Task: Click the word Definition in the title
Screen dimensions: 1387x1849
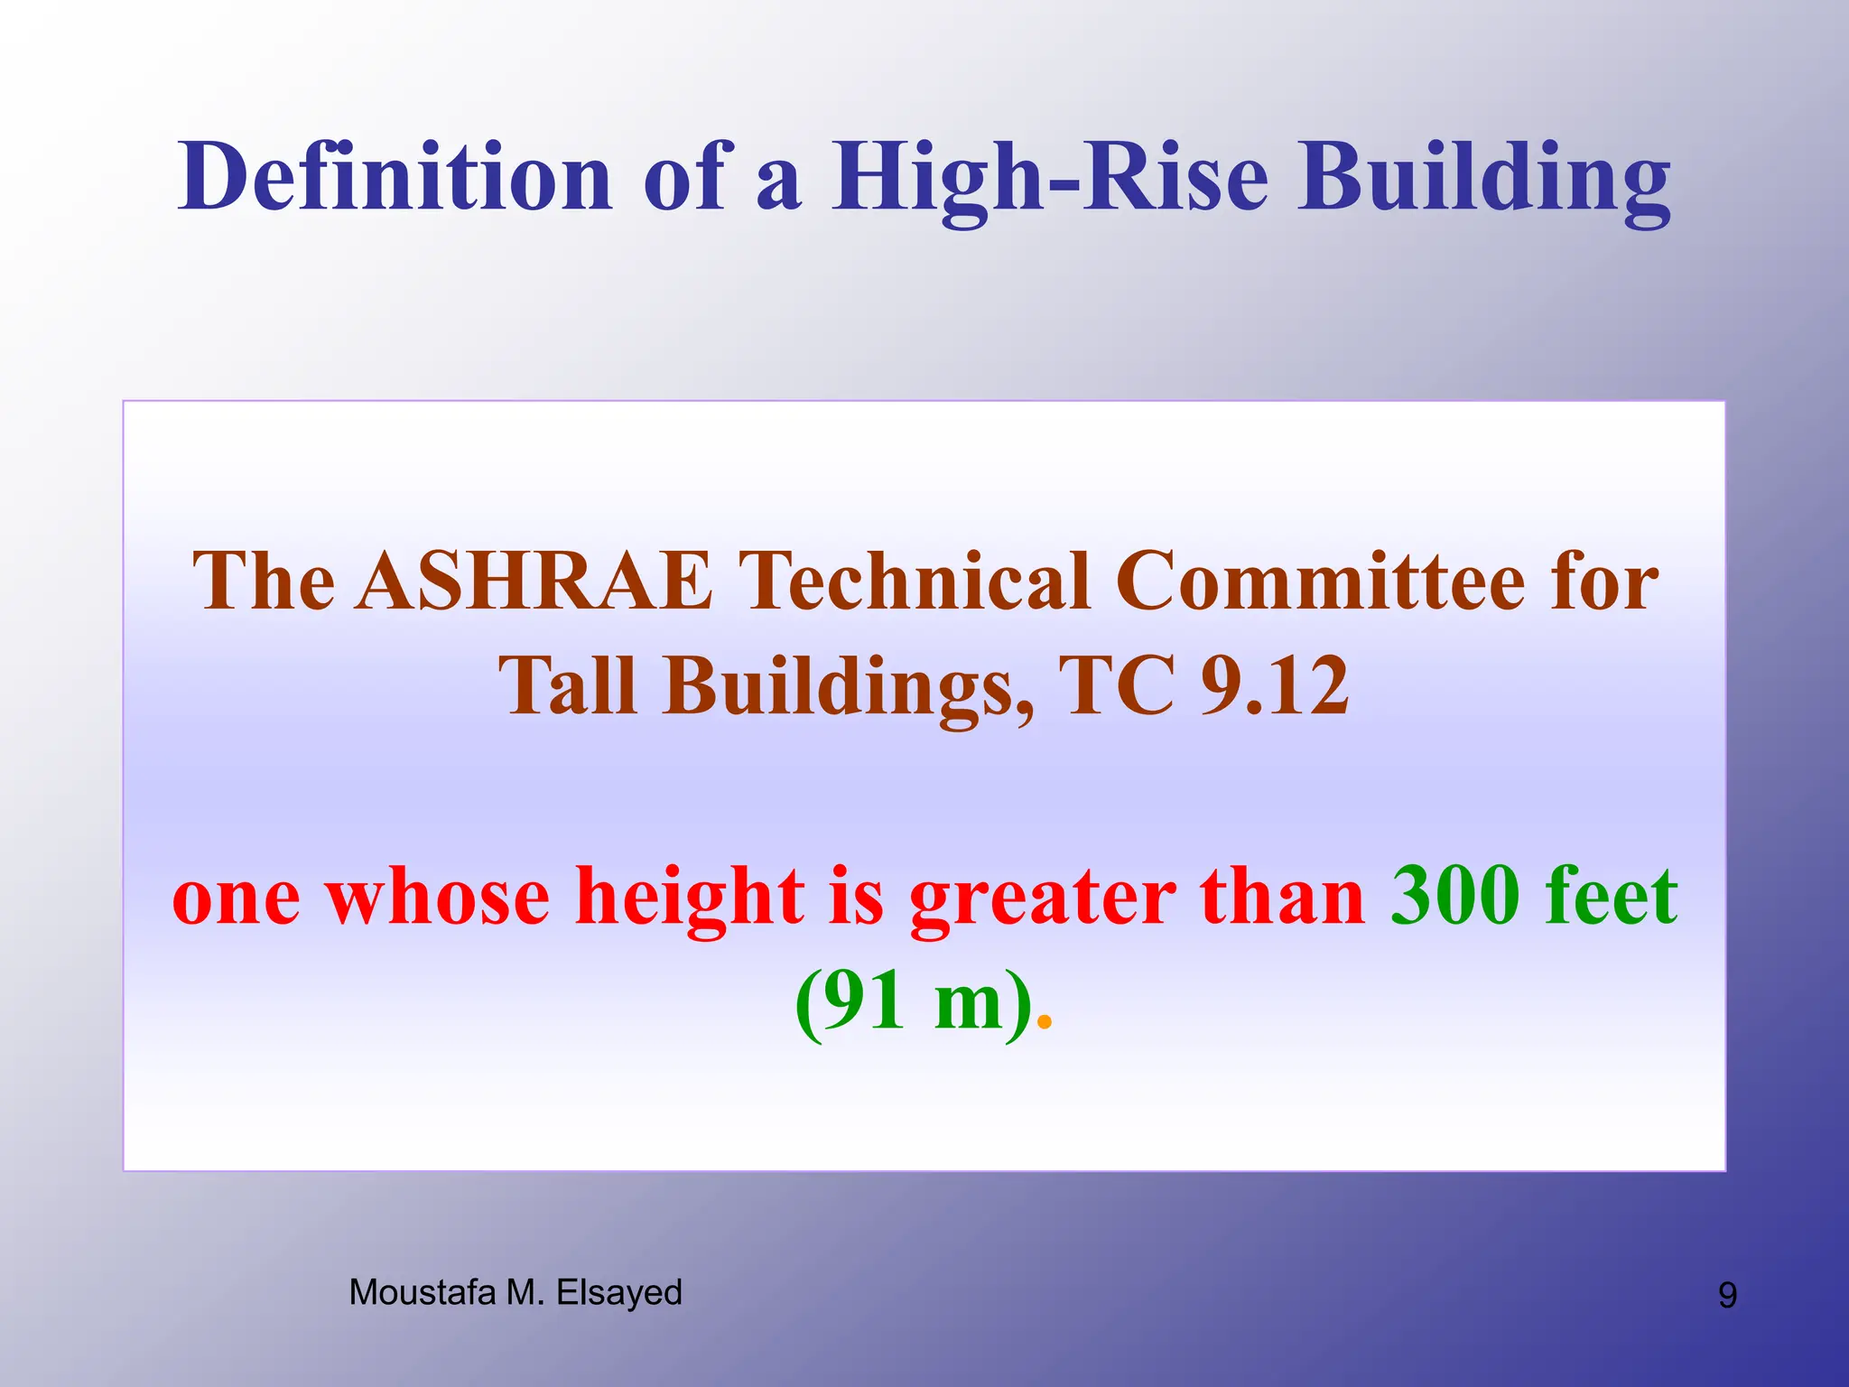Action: tap(395, 177)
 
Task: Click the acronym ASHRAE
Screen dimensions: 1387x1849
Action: tap(534, 582)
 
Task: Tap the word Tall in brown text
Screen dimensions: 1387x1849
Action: tap(567, 686)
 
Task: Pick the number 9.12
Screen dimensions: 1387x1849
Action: tap(1275, 686)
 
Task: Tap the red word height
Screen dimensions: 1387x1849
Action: tap(689, 898)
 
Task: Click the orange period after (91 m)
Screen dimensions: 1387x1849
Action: tap(1045, 1022)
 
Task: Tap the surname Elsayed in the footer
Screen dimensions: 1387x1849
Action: tap(619, 1293)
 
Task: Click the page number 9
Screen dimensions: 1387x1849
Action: tap(1726, 1296)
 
